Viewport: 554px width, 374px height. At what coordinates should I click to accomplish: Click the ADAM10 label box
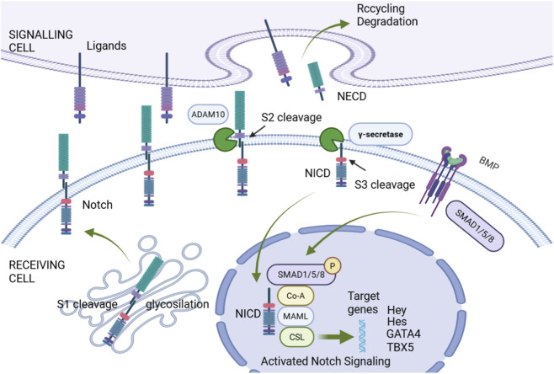(x=208, y=115)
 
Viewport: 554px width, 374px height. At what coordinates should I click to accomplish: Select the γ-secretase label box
(x=381, y=134)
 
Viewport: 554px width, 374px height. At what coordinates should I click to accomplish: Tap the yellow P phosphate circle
(x=332, y=265)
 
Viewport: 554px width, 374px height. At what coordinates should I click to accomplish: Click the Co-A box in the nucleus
(x=296, y=296)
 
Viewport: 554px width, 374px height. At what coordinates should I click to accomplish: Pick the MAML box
(x=296, y=317)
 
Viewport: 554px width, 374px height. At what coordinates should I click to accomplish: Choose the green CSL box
(x=296, y=337)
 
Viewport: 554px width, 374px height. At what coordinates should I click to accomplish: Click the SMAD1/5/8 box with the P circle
(x=301, y=275)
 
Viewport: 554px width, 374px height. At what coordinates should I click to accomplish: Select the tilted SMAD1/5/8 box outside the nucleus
(x=474, y=226)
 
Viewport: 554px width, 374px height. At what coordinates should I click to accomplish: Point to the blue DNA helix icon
(x=363, y=336)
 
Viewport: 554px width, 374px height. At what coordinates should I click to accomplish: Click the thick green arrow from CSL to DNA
(x=336, y=337)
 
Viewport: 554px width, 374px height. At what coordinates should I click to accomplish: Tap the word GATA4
(x=403, y=334)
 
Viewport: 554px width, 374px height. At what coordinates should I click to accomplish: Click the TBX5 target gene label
(x=400, y=347)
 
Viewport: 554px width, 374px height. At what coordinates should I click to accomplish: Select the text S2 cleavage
(x=291, y=117)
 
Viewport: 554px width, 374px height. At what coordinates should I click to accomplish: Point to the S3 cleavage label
(x=385, y=184)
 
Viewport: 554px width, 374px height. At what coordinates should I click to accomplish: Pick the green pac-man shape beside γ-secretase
(x=331, y=139)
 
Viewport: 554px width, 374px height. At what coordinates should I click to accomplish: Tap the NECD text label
(x=352, y=96)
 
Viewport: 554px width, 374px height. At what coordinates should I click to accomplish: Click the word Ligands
(x=106, y=46)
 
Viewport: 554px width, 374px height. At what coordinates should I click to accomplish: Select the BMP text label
(x=488, y=163)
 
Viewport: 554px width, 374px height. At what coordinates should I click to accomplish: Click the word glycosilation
(x=178, y=304)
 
